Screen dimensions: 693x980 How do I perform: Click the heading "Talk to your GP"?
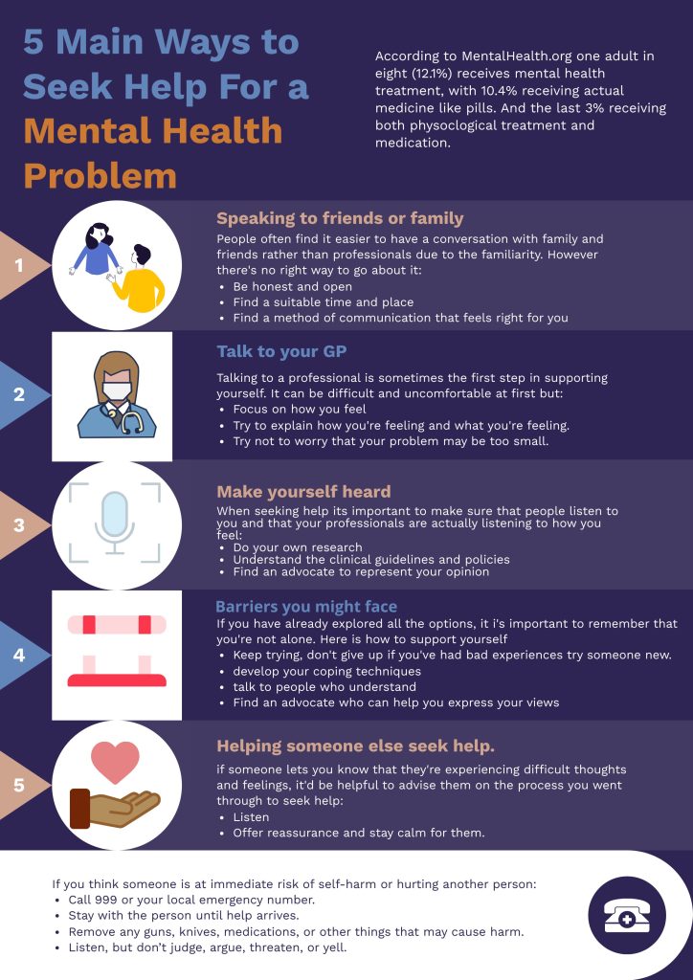(x=281, y=351)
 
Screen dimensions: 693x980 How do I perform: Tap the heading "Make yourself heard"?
(x=303, y=491)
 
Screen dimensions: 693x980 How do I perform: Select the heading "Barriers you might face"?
(x=306, y=607)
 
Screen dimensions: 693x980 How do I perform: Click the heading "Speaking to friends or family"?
(x=340, y=218)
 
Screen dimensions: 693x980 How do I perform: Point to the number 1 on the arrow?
(x=19, y=266)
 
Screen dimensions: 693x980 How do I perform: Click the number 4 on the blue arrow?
(x=19, y=655)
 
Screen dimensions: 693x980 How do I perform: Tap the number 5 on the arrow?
(x=19, y=785)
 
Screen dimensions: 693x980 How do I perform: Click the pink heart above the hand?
(x=115, y=761)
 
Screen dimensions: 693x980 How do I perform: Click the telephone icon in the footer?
(x=627, y=917)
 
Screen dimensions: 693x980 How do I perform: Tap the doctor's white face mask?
(x=117, y=390)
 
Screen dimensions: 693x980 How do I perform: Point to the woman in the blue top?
(x=96, y=250)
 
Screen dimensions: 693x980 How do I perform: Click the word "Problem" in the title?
(x=100, y=175)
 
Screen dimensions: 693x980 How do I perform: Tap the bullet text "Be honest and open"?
(x=293, y=287)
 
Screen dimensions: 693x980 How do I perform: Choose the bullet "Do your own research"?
(x=298, y=547)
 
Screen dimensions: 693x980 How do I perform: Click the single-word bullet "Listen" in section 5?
(x=251, y=817)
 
